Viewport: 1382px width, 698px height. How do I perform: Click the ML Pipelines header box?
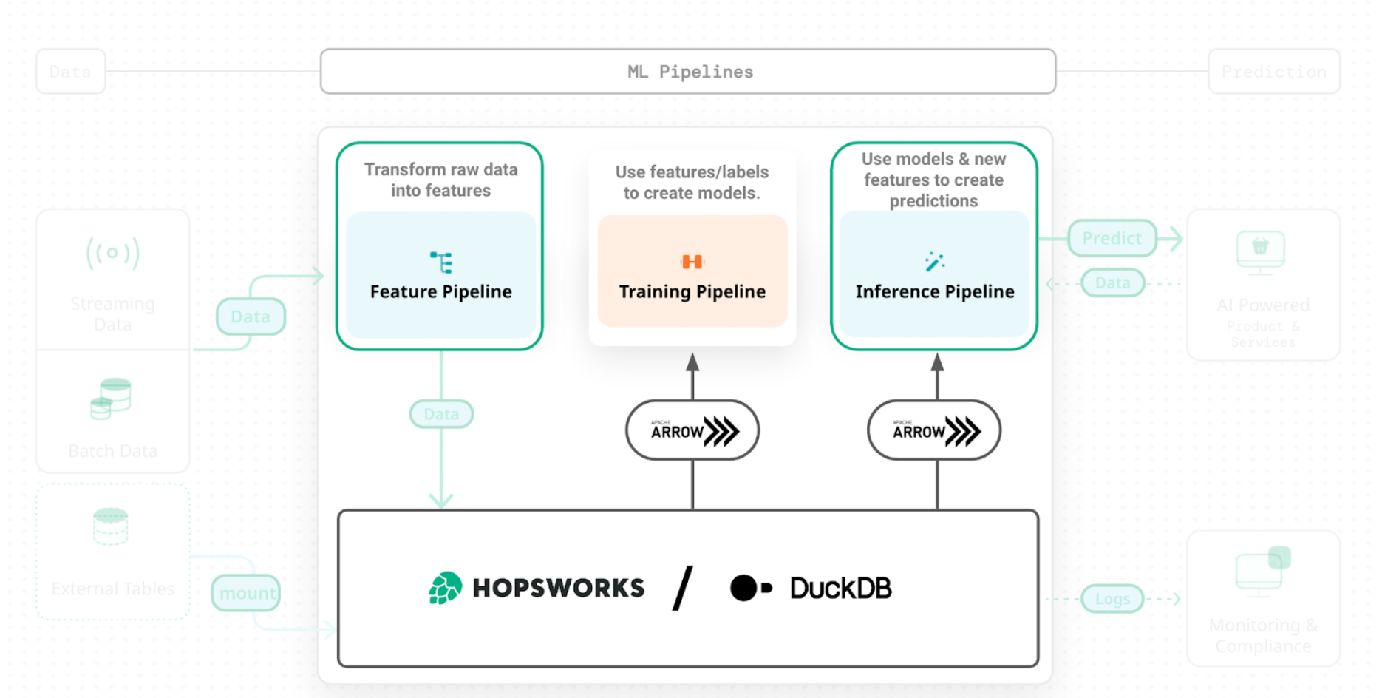688,72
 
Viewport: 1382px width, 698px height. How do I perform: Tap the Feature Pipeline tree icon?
441,262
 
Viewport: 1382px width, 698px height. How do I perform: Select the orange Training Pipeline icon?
692,262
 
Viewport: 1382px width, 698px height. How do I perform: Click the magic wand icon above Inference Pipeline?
934,262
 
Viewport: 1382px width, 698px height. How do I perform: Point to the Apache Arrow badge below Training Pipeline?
692,430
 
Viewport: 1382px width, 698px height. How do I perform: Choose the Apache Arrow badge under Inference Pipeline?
934,430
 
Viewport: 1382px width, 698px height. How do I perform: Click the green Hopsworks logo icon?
446,588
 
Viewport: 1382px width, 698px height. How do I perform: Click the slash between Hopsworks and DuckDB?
683,589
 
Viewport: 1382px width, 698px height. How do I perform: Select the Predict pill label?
1112,238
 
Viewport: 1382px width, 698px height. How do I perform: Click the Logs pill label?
1112,599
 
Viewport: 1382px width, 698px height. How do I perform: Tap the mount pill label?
247,593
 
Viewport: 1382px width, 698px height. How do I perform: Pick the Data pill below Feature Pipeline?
441,414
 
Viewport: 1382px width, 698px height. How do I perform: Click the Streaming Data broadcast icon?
112,253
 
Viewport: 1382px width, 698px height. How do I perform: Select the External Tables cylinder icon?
111,526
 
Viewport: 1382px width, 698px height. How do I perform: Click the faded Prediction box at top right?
1273,72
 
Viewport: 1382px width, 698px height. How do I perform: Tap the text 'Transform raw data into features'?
441,180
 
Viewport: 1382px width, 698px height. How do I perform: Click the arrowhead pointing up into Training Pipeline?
692,362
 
